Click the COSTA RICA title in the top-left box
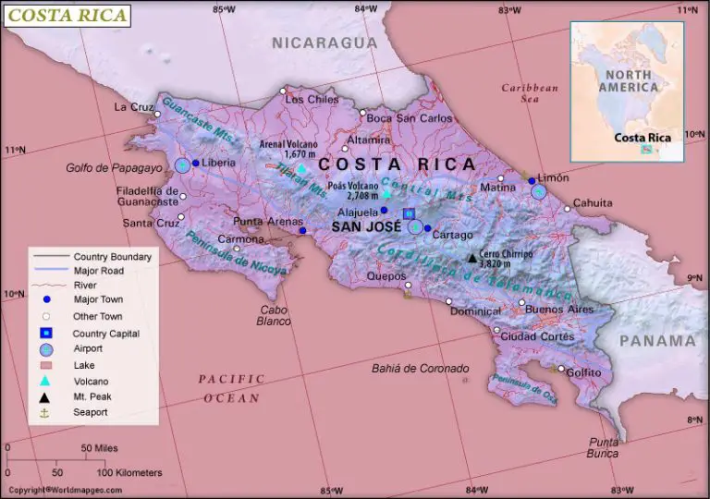(x=67, y=15)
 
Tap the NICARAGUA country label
(x=324, y=43)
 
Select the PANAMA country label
(x=657, y=340)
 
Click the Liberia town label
(x=218, y=163)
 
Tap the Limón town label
(x=553, y=176)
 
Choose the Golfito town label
(x=583, y=372)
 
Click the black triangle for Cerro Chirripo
(x=471, y=259)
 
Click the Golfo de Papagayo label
(x=114, y=168)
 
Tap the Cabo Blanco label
(x=274, y=315)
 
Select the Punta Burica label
(x=603, y=447)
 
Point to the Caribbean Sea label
(x=530, y=92)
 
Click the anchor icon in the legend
(x=45, y=412)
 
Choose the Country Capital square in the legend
(x=45, y=333)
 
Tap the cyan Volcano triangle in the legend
(x=45, y=381)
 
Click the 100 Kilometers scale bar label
(x=130, y=472)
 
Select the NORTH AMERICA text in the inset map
(x=628, y=80)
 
